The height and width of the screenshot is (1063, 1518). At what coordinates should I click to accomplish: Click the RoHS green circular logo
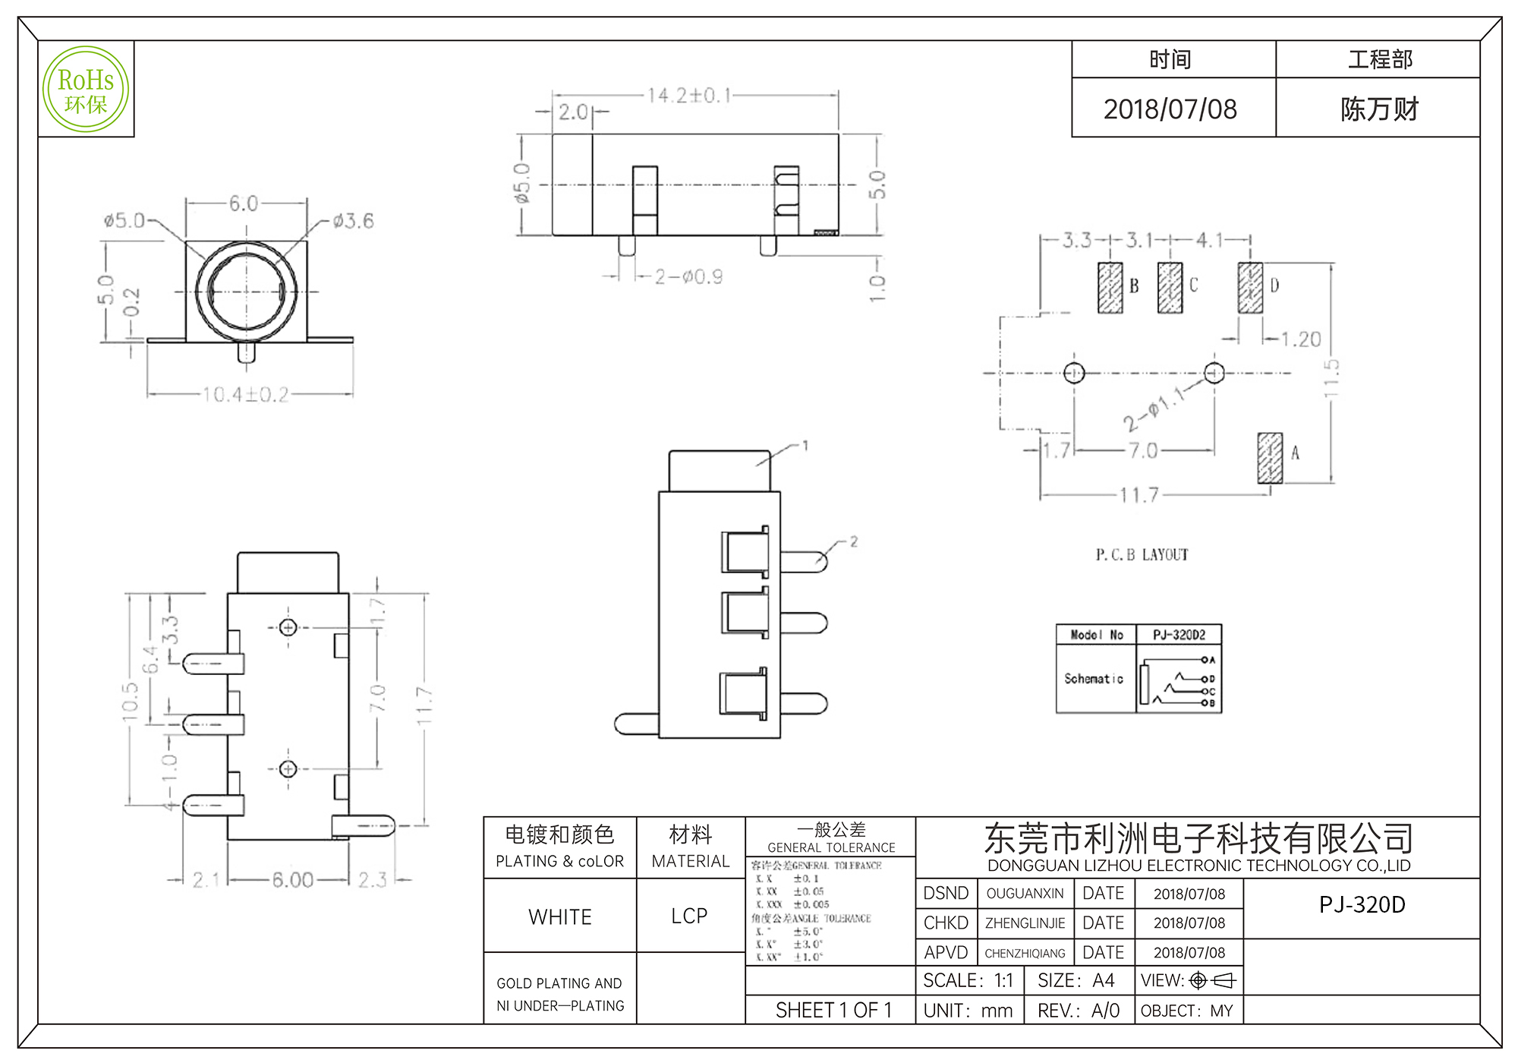coord(86,90)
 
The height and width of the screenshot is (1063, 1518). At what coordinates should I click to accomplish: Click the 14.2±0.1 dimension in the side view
coord(689,96)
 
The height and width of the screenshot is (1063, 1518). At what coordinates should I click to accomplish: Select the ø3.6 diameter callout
coord(353,221)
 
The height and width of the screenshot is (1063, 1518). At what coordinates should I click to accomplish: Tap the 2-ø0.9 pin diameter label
coord(688,277)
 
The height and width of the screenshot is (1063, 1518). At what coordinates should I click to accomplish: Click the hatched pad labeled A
coord(1270,458)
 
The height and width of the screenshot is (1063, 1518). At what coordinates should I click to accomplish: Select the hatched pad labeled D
coord(1250,288)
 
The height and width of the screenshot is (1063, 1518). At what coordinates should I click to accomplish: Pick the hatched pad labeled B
coord(1110,288)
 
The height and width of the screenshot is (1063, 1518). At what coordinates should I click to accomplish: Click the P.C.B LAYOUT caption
coord(1142,555)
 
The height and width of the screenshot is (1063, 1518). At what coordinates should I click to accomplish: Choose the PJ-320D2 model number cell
coord(1179,635)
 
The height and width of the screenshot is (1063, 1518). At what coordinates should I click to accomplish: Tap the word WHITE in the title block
coord(560,917)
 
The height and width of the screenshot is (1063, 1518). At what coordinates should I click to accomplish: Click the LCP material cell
coord(689,916)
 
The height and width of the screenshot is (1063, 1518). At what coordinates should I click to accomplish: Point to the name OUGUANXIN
coord(1025,894)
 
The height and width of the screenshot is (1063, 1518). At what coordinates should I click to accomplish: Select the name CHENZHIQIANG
coord(1025,954)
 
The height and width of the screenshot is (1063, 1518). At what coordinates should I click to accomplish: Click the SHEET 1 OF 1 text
coord(833,1011)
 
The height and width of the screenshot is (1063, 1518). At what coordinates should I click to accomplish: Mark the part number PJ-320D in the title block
coord(1362,905)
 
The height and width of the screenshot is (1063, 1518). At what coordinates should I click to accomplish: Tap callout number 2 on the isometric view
coord(854,541)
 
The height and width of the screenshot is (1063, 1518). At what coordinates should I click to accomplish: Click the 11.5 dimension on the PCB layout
coord(1332,378)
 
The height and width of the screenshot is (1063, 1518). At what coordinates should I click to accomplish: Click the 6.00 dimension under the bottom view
coord(292,881)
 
